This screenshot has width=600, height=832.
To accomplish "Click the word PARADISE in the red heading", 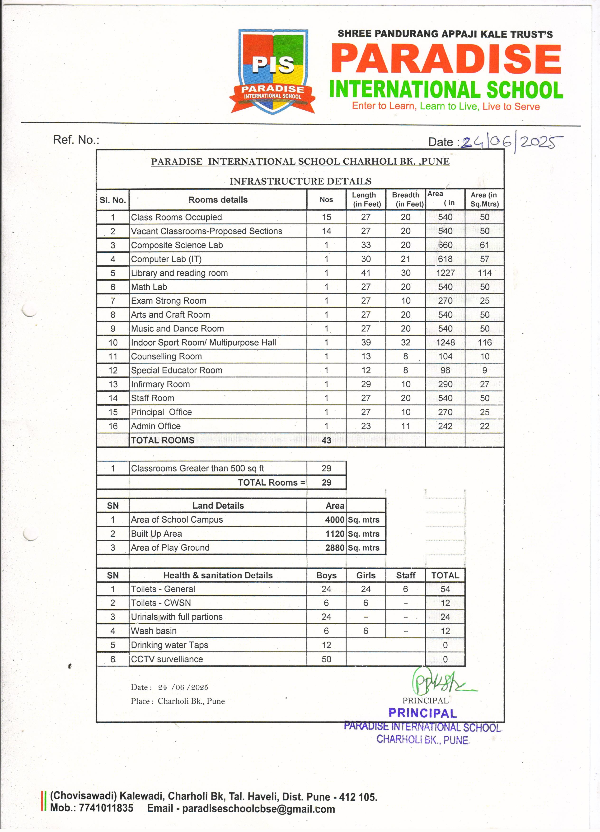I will click(446, 59).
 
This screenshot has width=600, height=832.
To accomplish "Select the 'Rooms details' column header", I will click(218, 200).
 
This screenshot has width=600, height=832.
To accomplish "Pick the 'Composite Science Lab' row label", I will click(177, 245).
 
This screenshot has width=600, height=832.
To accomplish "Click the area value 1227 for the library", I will click(445, 273).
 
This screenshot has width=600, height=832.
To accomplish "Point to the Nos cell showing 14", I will click(326, 231).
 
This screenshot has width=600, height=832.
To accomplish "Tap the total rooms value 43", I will click(326, 440).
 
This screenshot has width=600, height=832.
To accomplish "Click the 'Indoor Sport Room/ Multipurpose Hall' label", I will click(203, 343).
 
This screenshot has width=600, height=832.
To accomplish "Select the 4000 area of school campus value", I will click(334, 520).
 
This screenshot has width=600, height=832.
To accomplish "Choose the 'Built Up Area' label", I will click(156, 534).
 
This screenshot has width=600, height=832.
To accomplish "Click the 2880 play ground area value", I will click(334, 548).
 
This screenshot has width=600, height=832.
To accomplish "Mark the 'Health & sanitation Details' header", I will click(218, 575).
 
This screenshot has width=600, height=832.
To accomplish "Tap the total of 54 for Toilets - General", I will click(445, 589).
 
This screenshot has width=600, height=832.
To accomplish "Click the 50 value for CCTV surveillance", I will click(326, 659).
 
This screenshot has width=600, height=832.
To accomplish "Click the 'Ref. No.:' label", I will click(76, 140).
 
